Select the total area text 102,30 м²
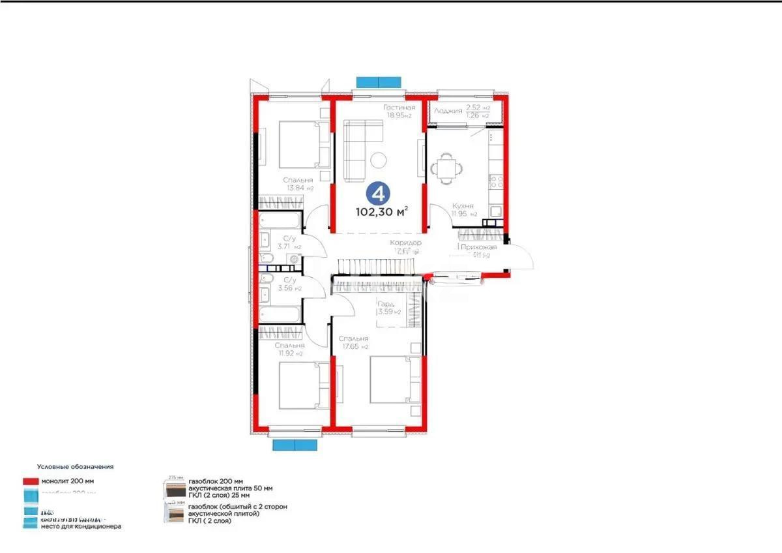tap(382, 211)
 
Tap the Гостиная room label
tap(399, 108)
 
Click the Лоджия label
tap(449, 111)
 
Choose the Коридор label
tap(407, 243)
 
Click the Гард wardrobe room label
tap(385, 303)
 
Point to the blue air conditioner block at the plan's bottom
tap(295, 445)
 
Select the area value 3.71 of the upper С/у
tap(283, 247)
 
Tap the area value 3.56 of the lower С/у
tap(283, 288)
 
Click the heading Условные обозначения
tap(75, 467)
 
